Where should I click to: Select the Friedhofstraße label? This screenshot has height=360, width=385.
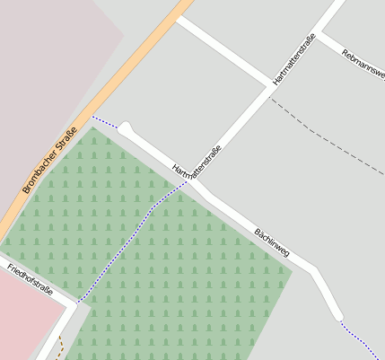[30, 280]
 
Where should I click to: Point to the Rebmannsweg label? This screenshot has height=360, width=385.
[363, 64]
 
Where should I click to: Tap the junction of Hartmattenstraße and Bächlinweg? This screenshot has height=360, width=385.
[189, 180]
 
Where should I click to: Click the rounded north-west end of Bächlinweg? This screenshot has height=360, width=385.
[127, 128]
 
